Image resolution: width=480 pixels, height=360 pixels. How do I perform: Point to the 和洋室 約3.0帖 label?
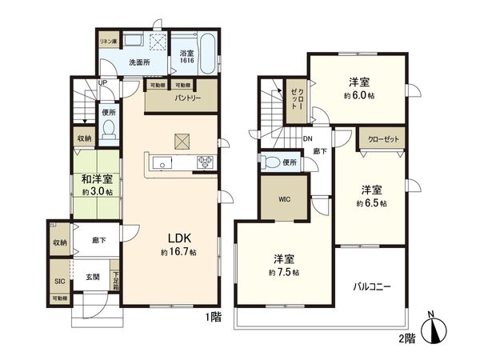point(96,185)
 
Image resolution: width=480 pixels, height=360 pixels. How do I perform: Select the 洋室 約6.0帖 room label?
point(359,88)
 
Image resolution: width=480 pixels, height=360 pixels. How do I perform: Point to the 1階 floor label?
point(212,318)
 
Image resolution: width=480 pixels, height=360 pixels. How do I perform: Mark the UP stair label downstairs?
point(102,82)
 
